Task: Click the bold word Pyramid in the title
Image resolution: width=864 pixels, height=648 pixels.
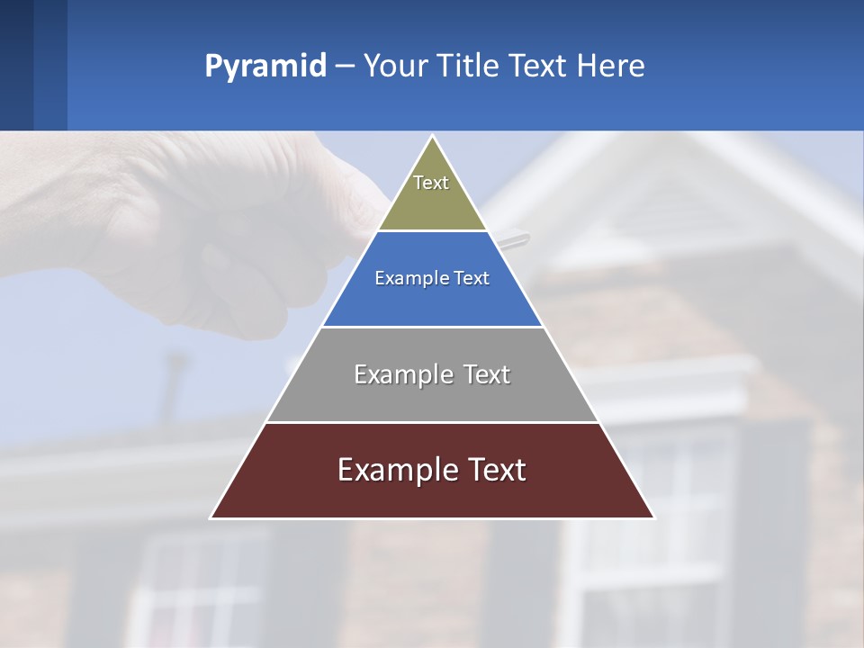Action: click(x=265, y=67)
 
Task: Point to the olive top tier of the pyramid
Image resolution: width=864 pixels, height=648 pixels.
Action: click(x=432, y=202)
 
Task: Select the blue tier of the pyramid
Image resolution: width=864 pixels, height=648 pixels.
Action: click(x=432, y=297)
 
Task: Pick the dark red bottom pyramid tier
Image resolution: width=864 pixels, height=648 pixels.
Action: click(x=432, y=493)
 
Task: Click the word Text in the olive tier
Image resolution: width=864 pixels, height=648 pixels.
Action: click(x=431, y=183)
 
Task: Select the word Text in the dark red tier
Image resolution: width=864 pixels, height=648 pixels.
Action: click(x=493, y=470)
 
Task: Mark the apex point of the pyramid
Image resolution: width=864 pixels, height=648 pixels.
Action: click(x=432, y=137)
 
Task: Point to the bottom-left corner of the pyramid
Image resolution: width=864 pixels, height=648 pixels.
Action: click(x=211, y=517)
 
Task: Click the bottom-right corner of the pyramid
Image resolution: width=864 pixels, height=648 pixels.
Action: click(x=653, y=517)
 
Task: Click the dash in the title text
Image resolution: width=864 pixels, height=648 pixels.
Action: click(x=344, y=67)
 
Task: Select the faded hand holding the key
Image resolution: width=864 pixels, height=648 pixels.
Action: click(x=225, y=225)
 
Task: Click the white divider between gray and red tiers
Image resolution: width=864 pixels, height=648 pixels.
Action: click(x=432, y=422)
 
